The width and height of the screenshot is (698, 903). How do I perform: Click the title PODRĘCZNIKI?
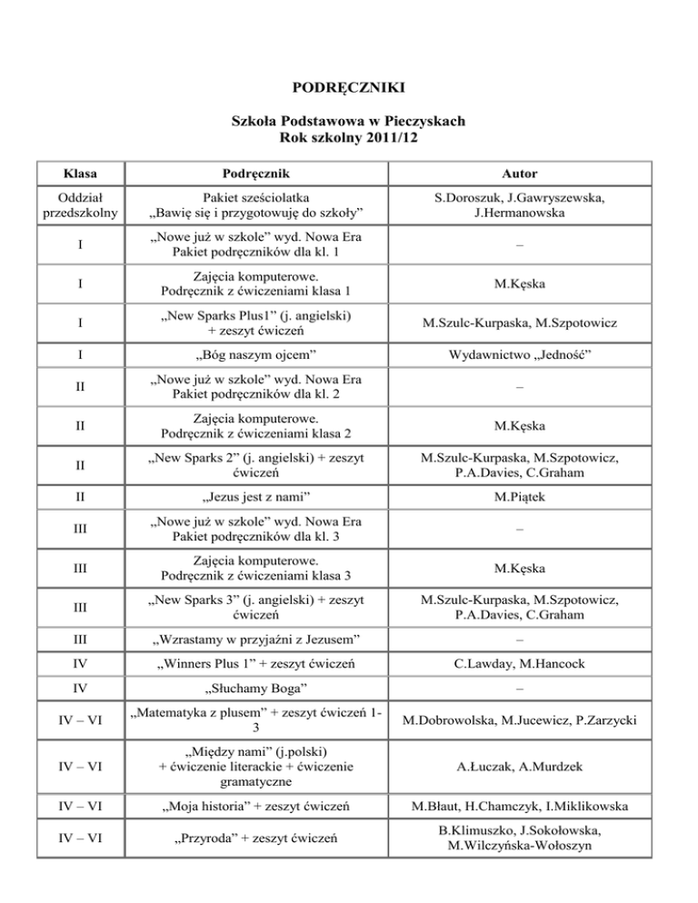pyautogui.click(x=349, y=88)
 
